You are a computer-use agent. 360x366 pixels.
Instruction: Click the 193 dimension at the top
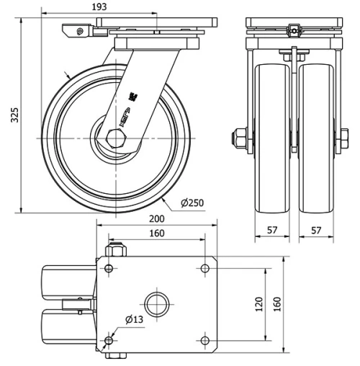point(99,6)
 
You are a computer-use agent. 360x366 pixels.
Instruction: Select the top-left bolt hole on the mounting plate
point(109,268)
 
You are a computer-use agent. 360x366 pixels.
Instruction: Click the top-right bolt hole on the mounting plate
point(205,268)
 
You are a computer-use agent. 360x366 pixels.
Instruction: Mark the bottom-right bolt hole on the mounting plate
point(205,340)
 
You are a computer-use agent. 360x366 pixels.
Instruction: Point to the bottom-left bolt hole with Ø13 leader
point(109,340)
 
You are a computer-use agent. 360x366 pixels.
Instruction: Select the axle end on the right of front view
point(343,136)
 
